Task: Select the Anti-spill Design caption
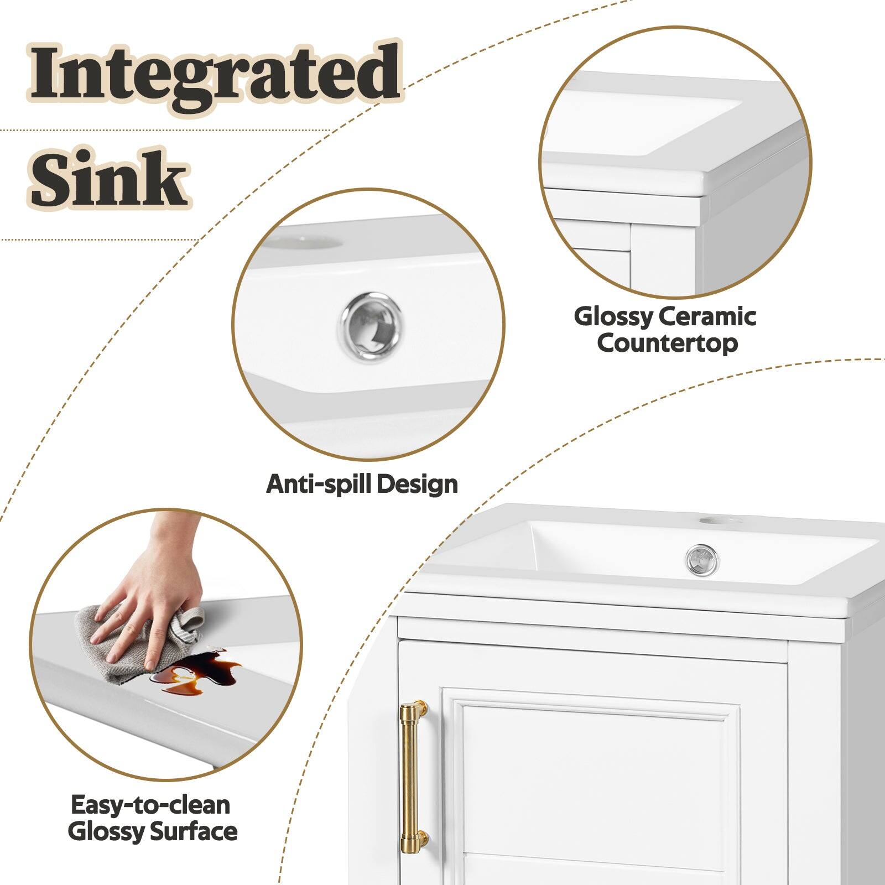coord(362,485)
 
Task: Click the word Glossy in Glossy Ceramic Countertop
coord(614,317)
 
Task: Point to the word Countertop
coord(667,343)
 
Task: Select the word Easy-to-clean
coord(150,805)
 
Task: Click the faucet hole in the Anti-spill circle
coord(304,242)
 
